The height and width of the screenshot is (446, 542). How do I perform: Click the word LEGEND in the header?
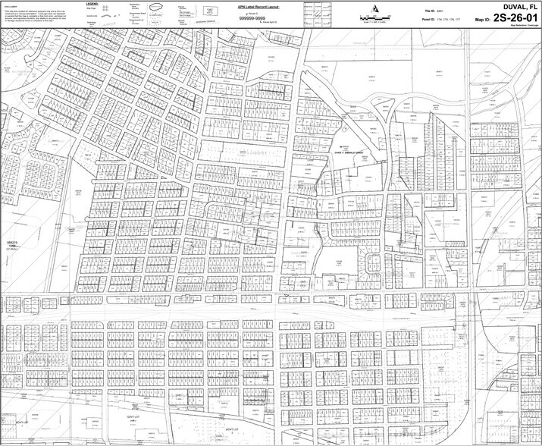(92, 3)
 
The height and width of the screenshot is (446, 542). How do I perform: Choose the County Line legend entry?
(90, 15)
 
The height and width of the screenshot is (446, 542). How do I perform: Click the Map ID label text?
(483, 19)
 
